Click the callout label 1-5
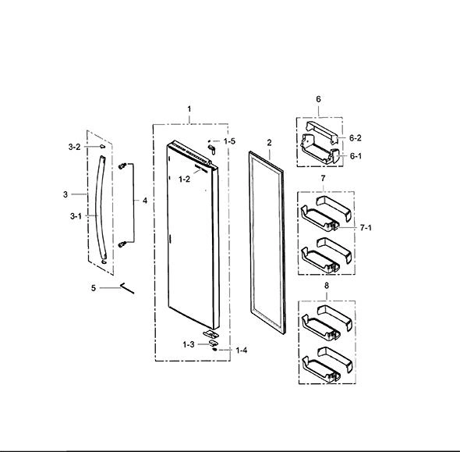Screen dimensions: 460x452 pyautogui.click(x=229, y=141)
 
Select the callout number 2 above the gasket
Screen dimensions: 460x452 pyautogui.click(x=269, y=143)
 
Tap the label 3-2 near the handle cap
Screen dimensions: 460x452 pyautogui.click(x=74, y=147)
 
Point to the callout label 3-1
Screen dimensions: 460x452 pyautogui.click(x=76, y=216)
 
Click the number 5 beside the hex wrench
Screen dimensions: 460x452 pyautogui.click(x=94, y=288)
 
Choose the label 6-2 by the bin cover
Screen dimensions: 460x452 pyautogui.click(x=356, y=137)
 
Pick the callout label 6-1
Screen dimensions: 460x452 pyautogui.click(x=356, y=156)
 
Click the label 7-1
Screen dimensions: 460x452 pyautogui.click(x=366, y=228)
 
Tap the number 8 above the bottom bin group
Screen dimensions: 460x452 pyautogui.click(x=327, y=286)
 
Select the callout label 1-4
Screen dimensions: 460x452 pyautogui.click(x=242, y=350)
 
